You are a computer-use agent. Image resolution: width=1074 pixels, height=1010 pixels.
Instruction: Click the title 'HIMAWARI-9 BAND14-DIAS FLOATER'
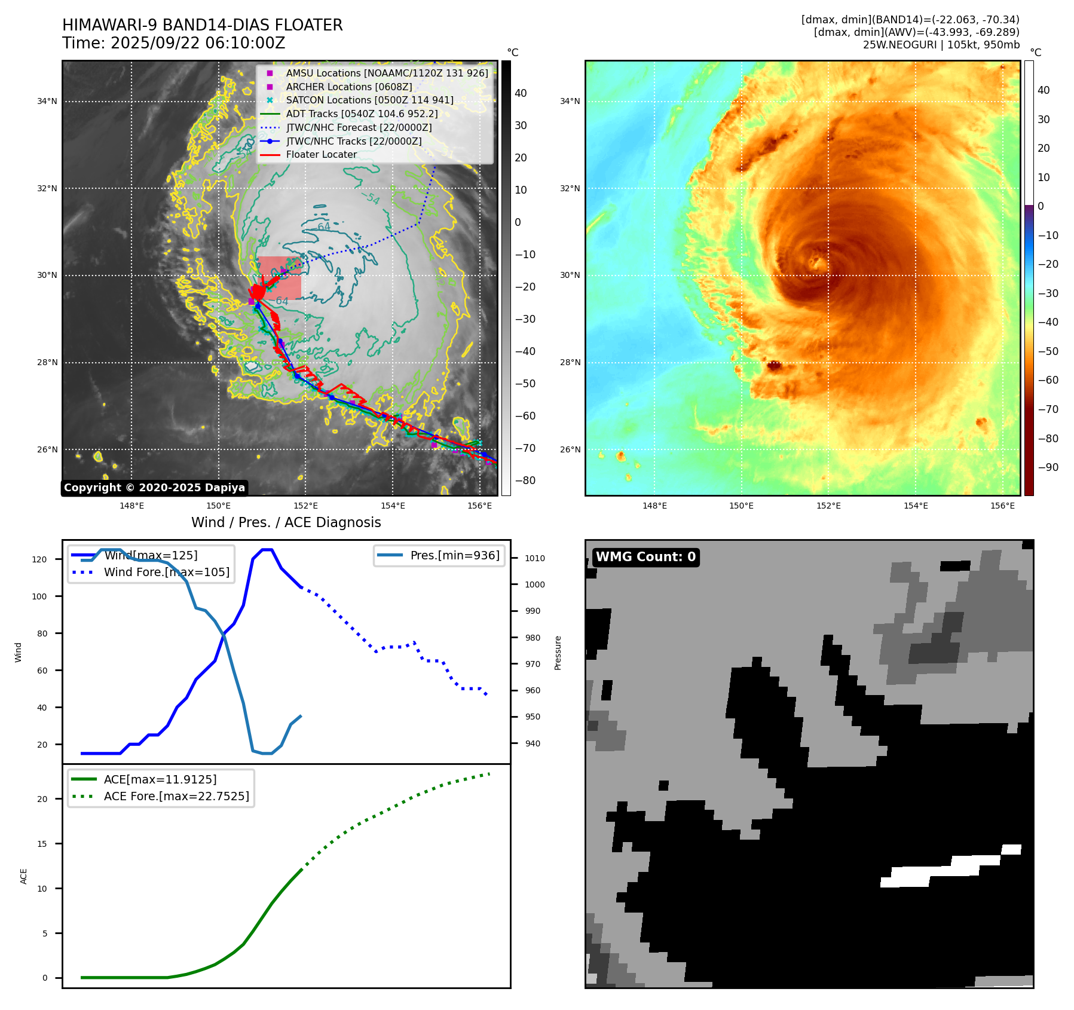pyautogui.click(x=202, y=25)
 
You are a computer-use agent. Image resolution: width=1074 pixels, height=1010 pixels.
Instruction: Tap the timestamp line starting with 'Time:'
pyautogui.click(x=173, y=43)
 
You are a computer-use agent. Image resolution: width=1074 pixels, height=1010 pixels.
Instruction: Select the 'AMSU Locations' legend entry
pyautogui.click(x=387, y=73)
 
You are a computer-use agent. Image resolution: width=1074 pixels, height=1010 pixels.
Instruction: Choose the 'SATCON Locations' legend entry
pyautogui.click(x=369, y=100)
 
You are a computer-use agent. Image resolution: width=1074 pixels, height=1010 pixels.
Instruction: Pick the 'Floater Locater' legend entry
pyautogui.click(x=321, y=155)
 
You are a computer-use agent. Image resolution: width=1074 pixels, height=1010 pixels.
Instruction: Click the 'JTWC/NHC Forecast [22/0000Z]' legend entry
pyautogui.click(x=359, y=127)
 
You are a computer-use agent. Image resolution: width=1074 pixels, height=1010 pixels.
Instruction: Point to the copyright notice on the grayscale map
pyautogui.click(x=154, y=488)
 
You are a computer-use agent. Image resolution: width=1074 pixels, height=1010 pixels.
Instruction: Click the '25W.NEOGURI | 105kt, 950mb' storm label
pyautogui.click(x=941, y=45)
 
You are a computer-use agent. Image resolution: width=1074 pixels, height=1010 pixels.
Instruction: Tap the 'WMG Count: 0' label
pyautogui.click(x=645, y=557)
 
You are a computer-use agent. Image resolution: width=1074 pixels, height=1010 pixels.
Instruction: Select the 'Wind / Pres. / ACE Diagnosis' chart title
pyautogui.click(x=286, y=522)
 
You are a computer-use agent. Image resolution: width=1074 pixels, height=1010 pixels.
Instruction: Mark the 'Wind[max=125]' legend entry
pyautogui.click(x=151, y=555)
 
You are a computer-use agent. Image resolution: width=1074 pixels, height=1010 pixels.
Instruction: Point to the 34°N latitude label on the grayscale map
pyautogui.click(x=47, y=102)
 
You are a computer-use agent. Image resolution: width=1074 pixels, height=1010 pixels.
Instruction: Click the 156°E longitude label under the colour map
pyautogui.click(x=1002, y=506)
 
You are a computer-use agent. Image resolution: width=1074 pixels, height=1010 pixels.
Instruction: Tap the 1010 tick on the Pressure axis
pyautogui.click(x=535, y=558)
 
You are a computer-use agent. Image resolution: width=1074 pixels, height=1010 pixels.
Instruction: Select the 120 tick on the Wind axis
pyautogui.click(x=39, y=559)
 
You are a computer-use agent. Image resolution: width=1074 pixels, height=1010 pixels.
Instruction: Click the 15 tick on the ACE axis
pyautogui.click(x=42, y=844)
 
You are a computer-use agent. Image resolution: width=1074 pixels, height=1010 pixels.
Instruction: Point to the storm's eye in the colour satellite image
pyautogui.click(x=815, y=261)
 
